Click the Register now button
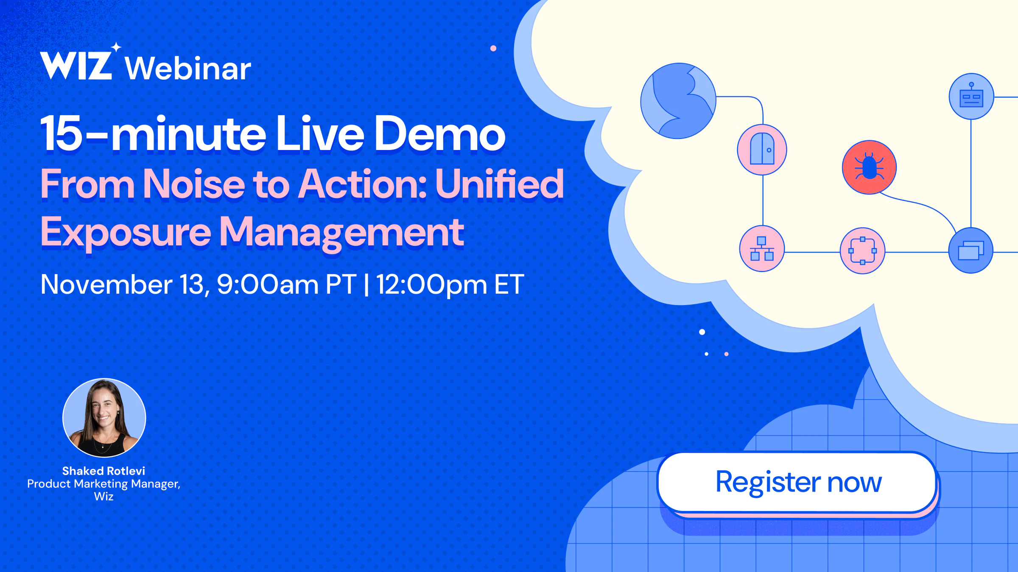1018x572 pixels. pyautogui.click(x=797, y=483)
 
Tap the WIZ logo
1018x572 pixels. pyautogui.click(x=76, y=65)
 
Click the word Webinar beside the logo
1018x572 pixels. pyautogui.click(x=188, y=68)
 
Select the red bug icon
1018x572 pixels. pyautogui.click(x=869, y=167)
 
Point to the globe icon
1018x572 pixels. pyautogui.click(x=678, y=101)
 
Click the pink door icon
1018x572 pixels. pyautogui.click(x=762, y=150)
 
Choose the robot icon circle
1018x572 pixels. pyautogui.click(x=971, y=97)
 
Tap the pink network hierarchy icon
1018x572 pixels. pyautogui.click(x=762, y=249)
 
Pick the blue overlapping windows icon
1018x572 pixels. pyautogui.click(x=971, y=250)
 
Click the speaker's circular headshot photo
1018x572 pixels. pyautogui.click(x=104, y=418)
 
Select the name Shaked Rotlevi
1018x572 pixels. pyautogui.click(x=103, y=471)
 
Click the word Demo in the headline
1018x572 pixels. pyautogui.click(x=439, y=133)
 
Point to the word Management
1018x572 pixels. pyautogui.click(x=341, y=233)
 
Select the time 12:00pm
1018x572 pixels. pyautogui.click(x=431, y=285)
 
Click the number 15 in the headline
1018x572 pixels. pyautogui.click(x=61, y=133)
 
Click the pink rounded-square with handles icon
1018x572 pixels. pyautogui.click(x=862, y=251)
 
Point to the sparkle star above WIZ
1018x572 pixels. pyautogui.click(x=116, y=47)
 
